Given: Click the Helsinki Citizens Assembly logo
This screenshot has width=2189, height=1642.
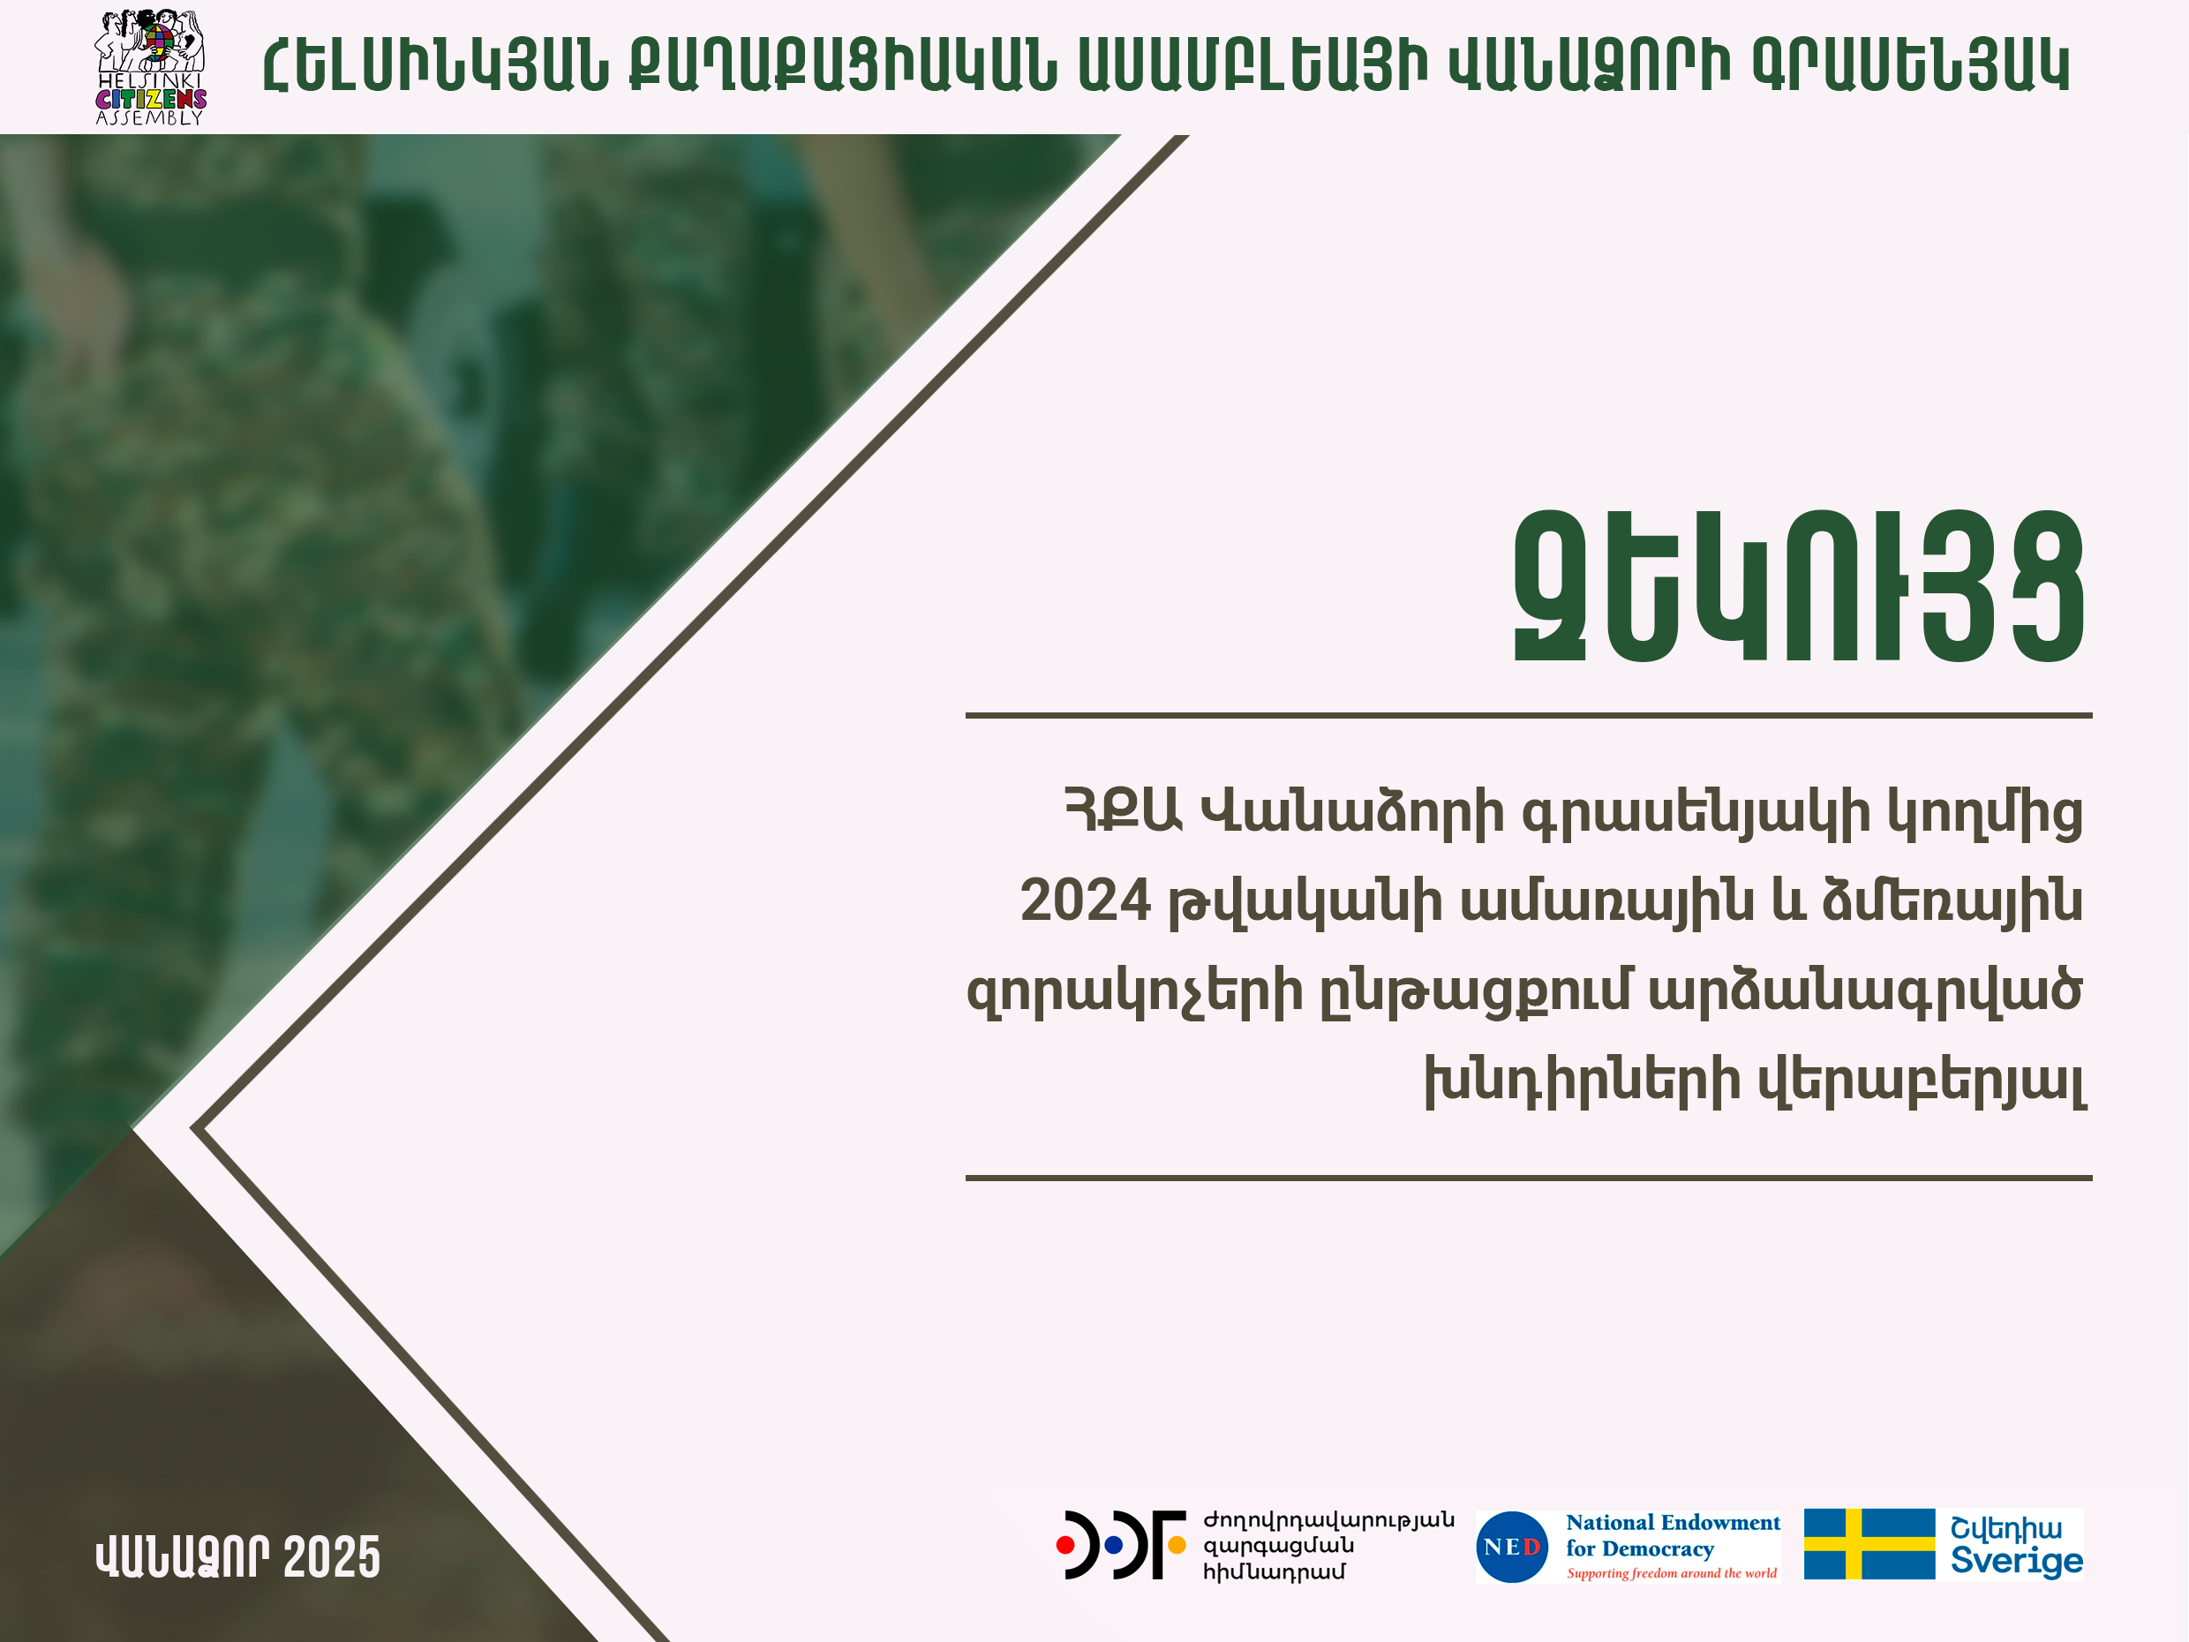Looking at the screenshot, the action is [150, 67].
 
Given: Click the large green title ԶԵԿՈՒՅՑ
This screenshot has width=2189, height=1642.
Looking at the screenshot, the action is [1800, 588].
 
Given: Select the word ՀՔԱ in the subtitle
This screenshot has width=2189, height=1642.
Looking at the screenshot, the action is [1125, 812].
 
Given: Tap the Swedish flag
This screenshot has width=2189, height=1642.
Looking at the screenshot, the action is [1869, 1543].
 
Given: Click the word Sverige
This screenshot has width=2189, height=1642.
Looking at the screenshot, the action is [2017, 1561].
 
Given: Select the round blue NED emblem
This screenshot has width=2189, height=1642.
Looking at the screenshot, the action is [1511, 1546].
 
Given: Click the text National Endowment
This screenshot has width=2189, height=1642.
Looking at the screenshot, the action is [1673, 1522].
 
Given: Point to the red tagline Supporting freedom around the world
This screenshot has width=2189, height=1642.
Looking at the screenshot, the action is [1672, 1573].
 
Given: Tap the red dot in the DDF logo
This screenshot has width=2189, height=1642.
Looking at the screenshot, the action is [1064, 1544].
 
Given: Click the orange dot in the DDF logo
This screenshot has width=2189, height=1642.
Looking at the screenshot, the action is [1177, 1544].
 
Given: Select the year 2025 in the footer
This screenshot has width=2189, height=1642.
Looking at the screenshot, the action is [332, 1557].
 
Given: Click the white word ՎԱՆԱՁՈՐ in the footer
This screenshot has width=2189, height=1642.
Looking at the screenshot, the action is [182, 1557].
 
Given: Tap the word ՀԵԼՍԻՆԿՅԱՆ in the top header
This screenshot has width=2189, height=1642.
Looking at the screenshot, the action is [436, 67].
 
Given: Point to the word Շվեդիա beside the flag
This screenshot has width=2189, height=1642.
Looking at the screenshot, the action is [2006, 1527].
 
